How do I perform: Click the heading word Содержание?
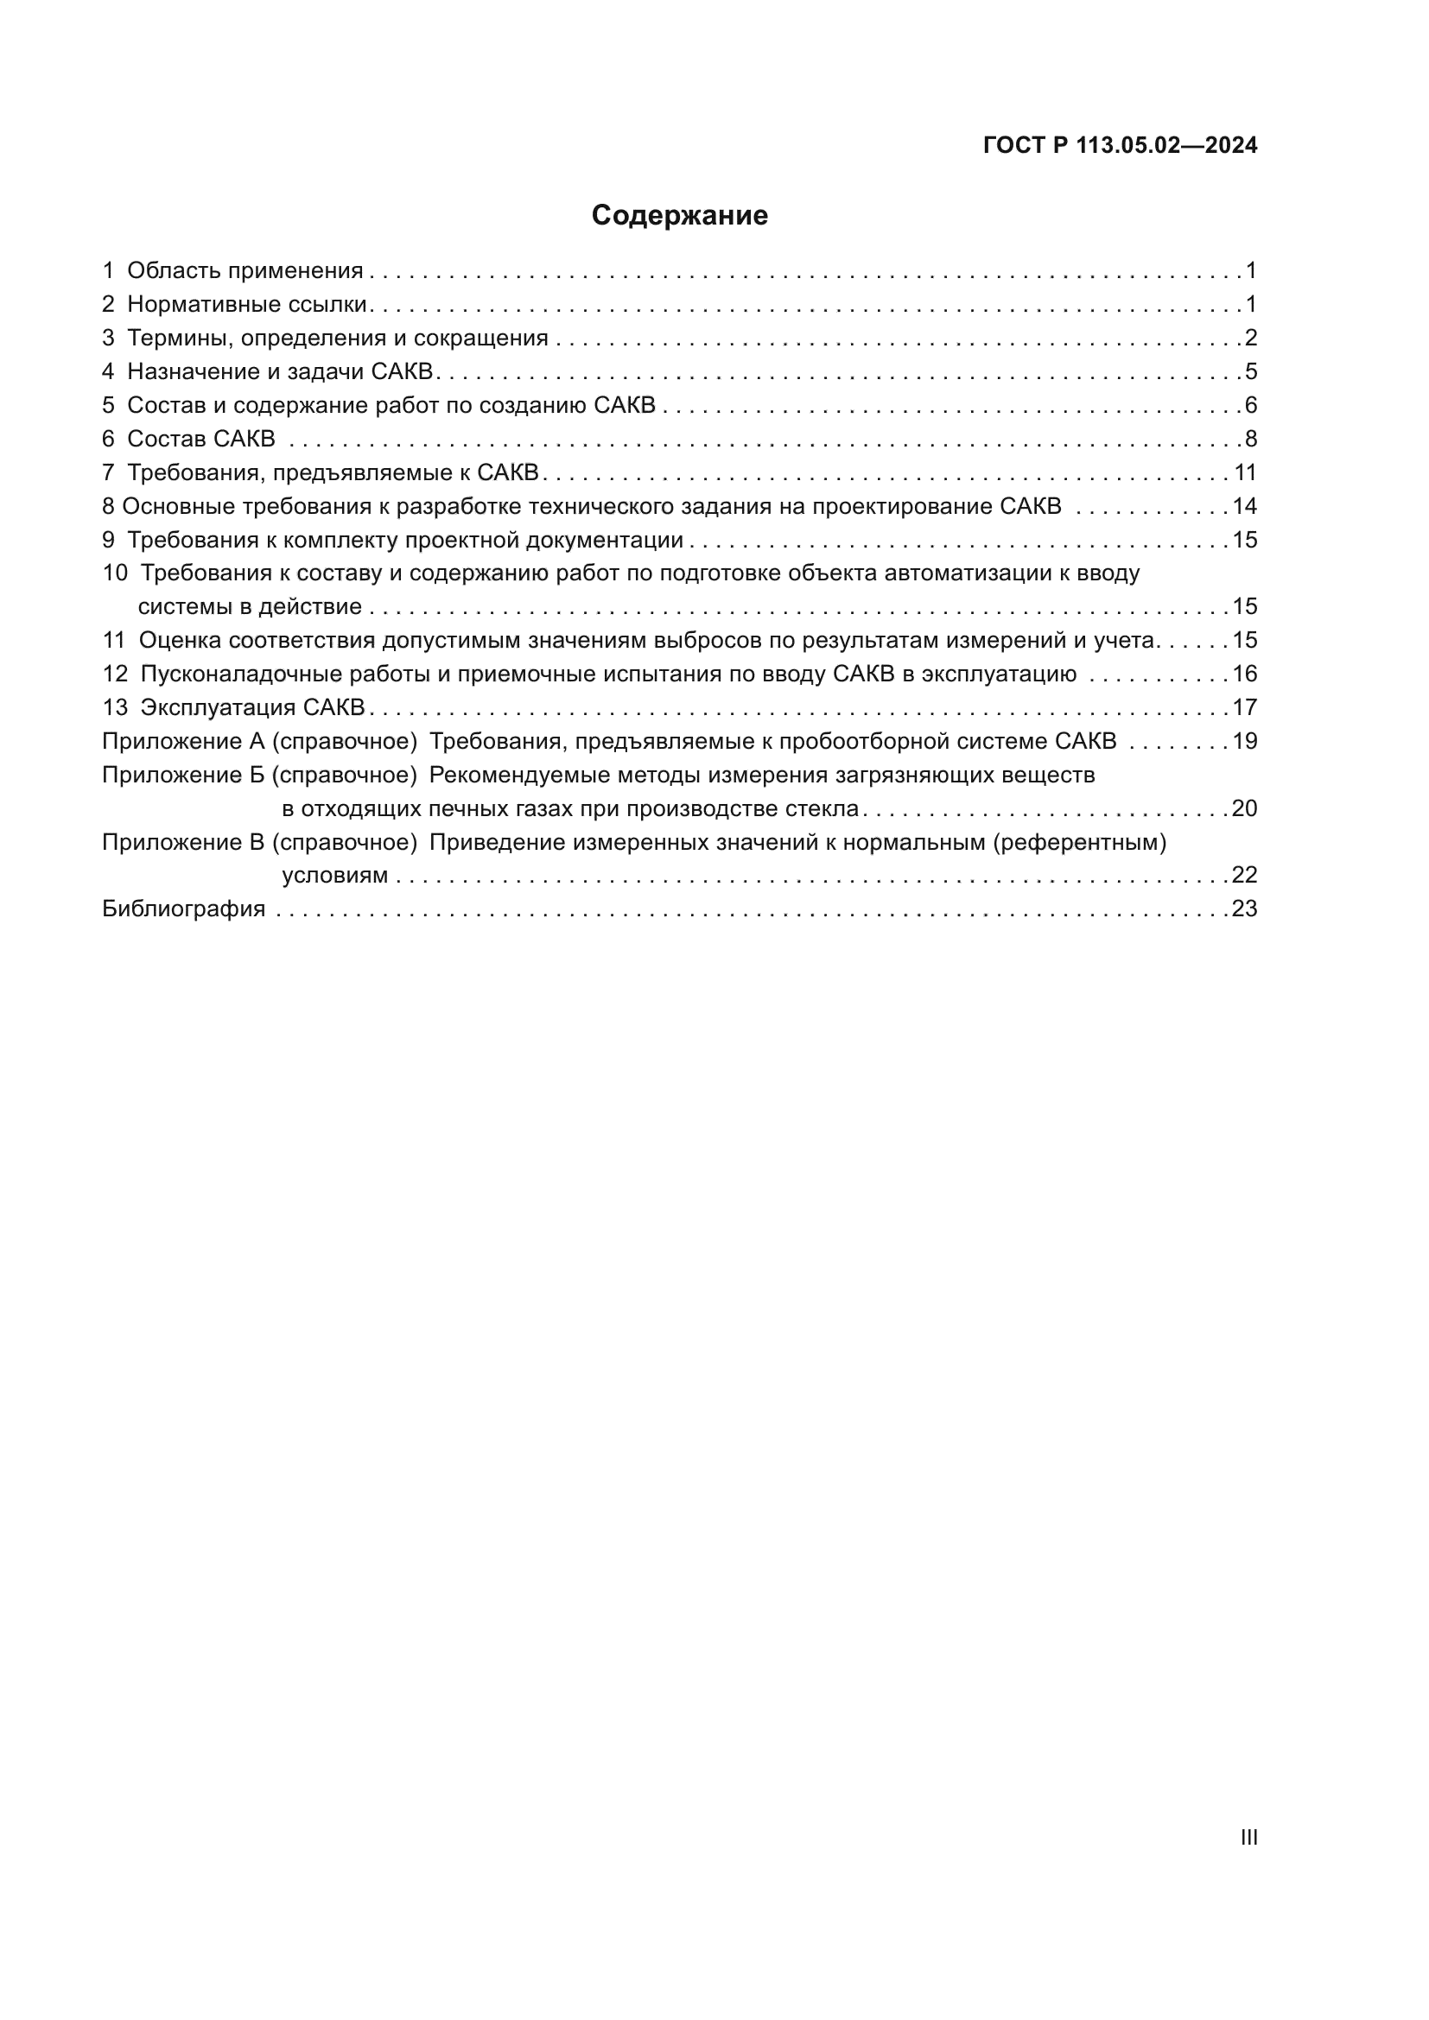pyautogui.click(x=679, y=216)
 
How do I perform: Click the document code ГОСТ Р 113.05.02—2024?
pyautogui.click(x=1119, y=145)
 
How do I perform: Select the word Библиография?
pyautogui.click(x=184, y=909)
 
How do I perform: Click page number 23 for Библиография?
pyautogui.click(x=1244, y=909)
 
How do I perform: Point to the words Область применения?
pyautogui.click(x=245, y=271)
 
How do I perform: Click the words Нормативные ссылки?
pyautogui.click(x=246, y=304)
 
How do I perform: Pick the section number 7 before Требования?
pyautogui.click(x=108, y=473)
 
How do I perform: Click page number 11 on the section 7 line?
pyautogui.click(x=1245, y=473)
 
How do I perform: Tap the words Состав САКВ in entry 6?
pyautogui.click(x=200, y=439)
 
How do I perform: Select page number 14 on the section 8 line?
pyautogui.click(x=1245, y=507)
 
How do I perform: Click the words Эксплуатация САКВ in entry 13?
pyautogui.click(x=252, y=708)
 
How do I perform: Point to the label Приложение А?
pyautogui.click(x=183, y=742)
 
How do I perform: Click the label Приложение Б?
pyautogui.click(x=183, y=775)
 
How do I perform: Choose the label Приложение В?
pyautogui.click(x=183, y=843)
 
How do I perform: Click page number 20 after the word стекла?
pyautogui.click(x=1244, y=808)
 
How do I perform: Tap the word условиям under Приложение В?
pyautogui.click(x=334, y=876)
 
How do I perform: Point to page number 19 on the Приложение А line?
pyautogui.click(x=1245, y=742)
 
